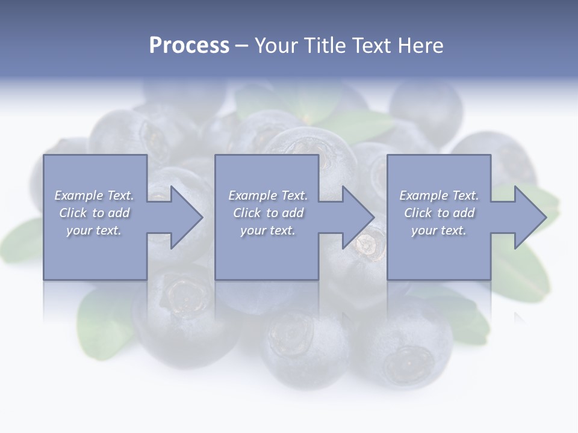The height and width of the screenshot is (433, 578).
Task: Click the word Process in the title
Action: pos(189,46)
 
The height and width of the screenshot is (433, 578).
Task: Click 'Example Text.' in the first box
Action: pos(94,195)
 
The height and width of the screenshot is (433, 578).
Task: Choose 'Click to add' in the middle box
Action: pos(268,213)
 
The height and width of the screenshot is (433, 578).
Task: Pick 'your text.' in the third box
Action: pos(439,230)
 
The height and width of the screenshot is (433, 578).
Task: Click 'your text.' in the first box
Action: pos(94,230)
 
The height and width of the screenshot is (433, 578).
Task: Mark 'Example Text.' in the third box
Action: pos(439,195)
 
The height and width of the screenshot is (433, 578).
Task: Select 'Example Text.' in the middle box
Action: pos(268,195)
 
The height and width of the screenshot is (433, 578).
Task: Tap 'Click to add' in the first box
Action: pos(94,213)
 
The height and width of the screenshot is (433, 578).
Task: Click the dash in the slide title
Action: pos(241,46)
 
